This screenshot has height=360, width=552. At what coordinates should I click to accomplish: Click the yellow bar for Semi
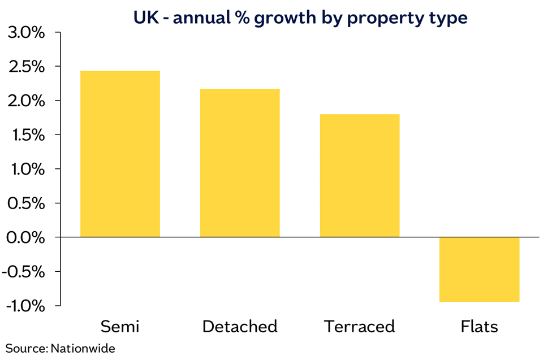120,154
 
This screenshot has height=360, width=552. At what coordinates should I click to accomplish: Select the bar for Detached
240,163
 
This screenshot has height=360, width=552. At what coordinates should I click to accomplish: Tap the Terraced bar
360,175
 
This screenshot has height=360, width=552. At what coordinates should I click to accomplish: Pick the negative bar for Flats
479,269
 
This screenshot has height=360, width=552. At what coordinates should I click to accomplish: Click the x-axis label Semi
120,327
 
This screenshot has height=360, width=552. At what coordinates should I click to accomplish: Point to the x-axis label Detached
240,327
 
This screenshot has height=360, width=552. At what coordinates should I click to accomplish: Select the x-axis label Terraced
359,327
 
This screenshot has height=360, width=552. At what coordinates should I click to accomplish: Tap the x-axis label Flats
479,327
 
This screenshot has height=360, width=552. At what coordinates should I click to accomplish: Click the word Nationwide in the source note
83,348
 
